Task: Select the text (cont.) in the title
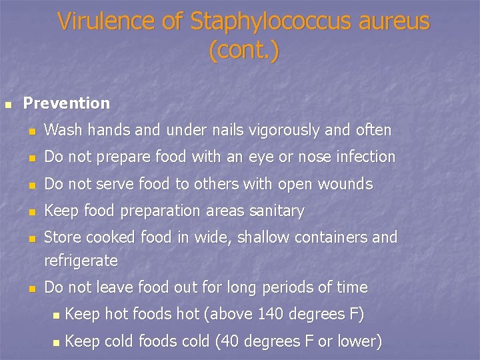point(243,50)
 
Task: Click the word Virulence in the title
point(104,22)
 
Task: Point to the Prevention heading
point(67,103)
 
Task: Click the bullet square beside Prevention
point(7,105)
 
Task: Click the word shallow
point(265,237)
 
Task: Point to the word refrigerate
point(81,261)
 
